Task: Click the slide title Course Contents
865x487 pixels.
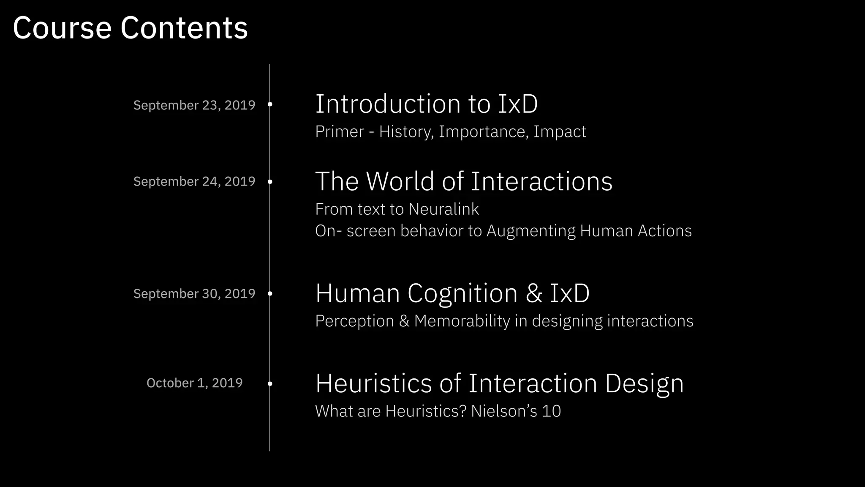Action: (x=130, y=28)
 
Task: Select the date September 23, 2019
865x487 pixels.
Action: (x=194, y=105)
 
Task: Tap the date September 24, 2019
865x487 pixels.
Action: (x=194, y=181)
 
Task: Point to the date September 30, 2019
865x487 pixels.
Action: (x=194, y=293)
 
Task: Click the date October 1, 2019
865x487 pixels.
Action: (x=194, y=383)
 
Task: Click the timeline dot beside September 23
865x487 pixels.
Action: (x=270, y=104)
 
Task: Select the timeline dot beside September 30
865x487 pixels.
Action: (x=270, y=293)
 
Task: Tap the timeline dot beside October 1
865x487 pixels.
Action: (x=270, y=383)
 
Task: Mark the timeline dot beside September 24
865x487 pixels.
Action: (x=270, y=181)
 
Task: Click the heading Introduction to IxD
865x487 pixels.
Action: (x=426, y=104)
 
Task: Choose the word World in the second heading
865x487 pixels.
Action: (x=400, y=181)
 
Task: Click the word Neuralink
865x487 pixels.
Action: (x=443, y=209)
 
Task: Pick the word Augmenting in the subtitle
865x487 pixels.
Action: (x=530, y=231)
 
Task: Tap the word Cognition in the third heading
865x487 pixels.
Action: (x=462, y=293)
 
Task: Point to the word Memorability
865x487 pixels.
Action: (x=462, y=321)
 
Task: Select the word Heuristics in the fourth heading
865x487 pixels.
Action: (x=373, y=383)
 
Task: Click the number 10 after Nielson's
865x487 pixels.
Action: (x=551, y=411)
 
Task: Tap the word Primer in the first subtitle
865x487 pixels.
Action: (x=340, y=132)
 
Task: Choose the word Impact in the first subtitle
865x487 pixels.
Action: (x=560, y=132)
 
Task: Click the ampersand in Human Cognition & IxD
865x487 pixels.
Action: (x=534, y=293)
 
